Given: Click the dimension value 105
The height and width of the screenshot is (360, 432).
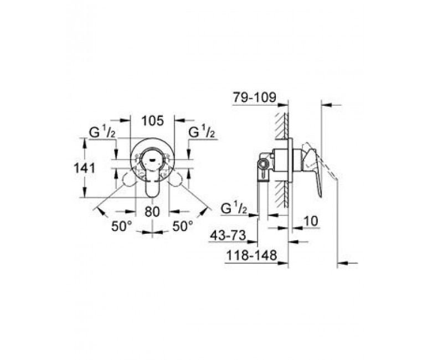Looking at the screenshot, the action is pos(153,121).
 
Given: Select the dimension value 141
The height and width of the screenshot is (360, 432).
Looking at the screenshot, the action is pos(85,168).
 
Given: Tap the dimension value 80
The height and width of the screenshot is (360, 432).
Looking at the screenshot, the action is pos(152,212).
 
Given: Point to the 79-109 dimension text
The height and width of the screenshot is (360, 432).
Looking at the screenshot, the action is pos(254,97).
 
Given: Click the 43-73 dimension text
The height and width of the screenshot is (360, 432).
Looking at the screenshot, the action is pos(228,235).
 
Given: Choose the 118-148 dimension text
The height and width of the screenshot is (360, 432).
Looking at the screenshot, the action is pos(251,256).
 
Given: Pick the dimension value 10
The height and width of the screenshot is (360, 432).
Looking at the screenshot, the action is pos(311,221).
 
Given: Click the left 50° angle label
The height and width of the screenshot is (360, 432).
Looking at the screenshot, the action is pos(121,227).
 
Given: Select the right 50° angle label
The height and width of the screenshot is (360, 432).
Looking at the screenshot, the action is pos(183,227).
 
